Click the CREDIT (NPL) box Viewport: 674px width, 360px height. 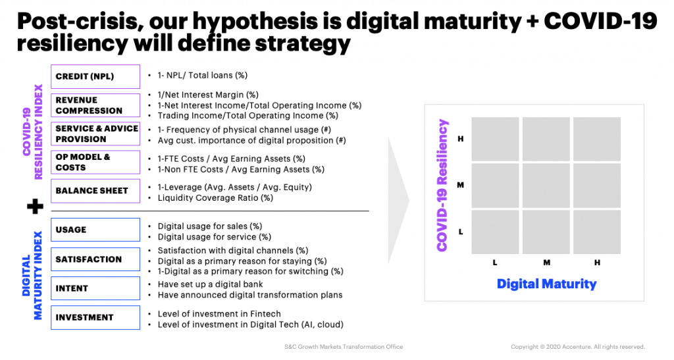point(95,76)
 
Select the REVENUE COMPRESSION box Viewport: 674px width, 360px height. point(95,105)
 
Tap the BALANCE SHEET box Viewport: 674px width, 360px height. point(95,191)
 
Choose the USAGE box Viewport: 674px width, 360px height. point(95,230)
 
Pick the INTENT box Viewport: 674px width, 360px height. point(95,288)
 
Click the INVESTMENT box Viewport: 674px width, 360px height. point(95,317)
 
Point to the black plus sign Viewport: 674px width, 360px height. point(36,207)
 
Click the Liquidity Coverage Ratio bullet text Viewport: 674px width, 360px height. point(215,198)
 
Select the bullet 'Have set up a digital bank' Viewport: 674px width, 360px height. point(210,284)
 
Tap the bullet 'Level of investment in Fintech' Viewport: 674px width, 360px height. point(219,314)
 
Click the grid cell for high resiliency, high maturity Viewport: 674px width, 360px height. point(597,139)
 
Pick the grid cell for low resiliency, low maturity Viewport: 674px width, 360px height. point(495,232)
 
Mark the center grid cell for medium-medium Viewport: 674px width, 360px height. point(546,186)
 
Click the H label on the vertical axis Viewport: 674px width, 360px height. point(461,139)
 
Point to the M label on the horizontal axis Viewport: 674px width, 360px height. point(547,263)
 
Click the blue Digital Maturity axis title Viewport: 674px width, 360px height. point(547,284)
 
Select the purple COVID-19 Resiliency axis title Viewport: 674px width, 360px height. point(442,185)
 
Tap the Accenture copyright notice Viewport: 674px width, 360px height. point(578,347)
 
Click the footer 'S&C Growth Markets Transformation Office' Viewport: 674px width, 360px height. point(344,347)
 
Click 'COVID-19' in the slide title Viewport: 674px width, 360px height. point(600,21)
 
